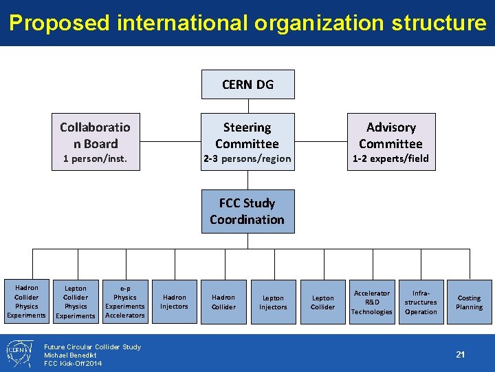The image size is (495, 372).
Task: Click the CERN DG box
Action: (x=247, y=84)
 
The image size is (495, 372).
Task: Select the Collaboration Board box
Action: (x=95, y=136)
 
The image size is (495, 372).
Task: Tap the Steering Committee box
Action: (x=247, y=136)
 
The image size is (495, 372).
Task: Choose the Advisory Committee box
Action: (x=390, y=136)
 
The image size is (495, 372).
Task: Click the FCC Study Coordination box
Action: (x=247, y=211)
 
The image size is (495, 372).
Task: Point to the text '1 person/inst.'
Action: (x=95, y=159)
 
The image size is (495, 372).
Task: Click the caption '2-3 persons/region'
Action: (x=247, y=159)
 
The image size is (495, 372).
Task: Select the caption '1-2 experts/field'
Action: (x=390, y=159)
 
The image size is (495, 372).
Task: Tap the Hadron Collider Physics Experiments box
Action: (x=26, y=302)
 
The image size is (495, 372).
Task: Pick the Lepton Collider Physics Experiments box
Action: (x=76, y=302)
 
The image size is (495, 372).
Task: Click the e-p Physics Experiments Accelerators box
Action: (x=125, y=302)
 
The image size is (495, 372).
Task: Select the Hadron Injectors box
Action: (x=175, y=302)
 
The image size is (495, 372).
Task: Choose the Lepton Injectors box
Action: (x=273, y=302)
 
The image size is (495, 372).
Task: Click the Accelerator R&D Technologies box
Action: (x=371, y=302)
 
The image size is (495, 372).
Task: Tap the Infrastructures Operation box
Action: (x=421, y=302)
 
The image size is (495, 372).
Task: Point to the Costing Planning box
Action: (x=470, y=302)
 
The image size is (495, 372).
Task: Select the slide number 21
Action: (x=461, y=354)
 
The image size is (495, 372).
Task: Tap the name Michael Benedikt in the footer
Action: (x=70, y=355)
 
